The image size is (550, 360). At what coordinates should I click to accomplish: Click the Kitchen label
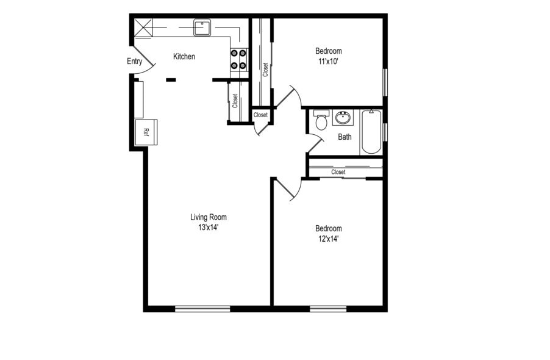[184, 57]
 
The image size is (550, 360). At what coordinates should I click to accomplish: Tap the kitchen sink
[202, 27]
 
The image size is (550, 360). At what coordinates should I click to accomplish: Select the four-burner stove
[238, 59]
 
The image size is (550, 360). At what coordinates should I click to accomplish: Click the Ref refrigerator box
[146, 131]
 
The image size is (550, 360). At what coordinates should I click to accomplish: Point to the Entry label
[134, 61]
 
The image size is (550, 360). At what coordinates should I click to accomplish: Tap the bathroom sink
[343, 117]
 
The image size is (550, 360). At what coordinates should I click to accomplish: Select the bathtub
[371, 131]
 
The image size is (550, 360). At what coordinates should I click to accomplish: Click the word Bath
[345, 137]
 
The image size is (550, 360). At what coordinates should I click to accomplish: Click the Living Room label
[208, 217]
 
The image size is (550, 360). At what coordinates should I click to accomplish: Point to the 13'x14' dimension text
[208, 227]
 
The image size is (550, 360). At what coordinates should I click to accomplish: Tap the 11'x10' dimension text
[328, 61]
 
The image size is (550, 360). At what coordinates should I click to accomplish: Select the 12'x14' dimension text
[328, 239]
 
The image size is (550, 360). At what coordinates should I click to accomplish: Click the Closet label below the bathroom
[338, 172]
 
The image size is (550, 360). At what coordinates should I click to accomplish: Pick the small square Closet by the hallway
[260, 115]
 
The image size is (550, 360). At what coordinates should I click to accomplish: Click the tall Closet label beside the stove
[265, 70]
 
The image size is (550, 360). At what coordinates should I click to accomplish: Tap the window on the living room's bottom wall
[202, 308]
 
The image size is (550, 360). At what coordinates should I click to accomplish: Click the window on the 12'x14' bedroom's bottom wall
[328, 308]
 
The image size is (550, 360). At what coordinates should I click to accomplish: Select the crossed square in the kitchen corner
[143, 28]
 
